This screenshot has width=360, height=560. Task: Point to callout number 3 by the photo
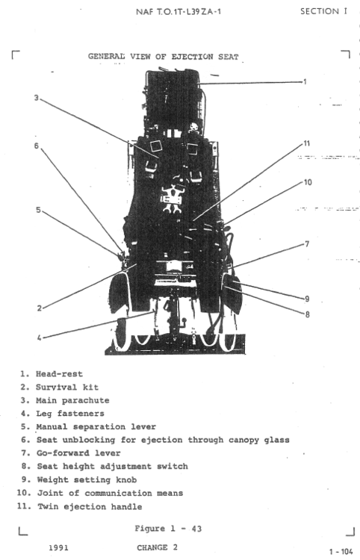(36, 97)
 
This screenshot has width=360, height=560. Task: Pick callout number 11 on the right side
(306, 143)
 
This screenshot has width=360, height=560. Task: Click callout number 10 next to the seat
(306, 181)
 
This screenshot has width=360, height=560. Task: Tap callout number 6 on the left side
(36, 146)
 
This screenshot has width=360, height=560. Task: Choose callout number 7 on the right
(306, 244)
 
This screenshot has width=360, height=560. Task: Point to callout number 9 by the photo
(306, 298)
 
